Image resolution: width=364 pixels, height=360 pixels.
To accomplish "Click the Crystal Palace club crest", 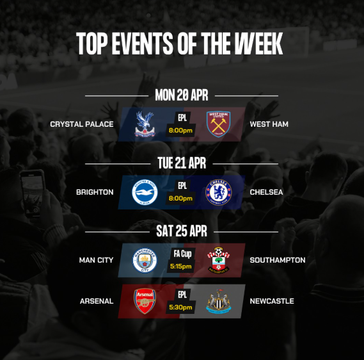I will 145,124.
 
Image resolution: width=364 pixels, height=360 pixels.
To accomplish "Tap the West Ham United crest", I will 218,124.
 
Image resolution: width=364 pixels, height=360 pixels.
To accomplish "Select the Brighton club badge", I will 145,192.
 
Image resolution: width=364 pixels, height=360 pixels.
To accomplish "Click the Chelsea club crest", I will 218,192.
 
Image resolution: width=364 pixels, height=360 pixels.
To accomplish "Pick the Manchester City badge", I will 145,260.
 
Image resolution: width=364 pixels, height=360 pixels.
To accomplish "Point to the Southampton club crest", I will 218,260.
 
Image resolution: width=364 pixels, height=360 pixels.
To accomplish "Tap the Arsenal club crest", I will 145,300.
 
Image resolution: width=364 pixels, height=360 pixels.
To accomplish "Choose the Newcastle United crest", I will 218,300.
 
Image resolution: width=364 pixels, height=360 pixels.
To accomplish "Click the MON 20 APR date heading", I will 181,95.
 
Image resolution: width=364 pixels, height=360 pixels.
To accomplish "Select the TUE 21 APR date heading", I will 181,163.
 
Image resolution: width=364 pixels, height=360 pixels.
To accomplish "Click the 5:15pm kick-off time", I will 181,266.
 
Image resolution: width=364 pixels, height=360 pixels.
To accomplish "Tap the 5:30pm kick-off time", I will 181,307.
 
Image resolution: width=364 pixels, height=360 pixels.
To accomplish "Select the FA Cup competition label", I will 181,254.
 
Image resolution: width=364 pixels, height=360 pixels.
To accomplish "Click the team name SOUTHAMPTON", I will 277,260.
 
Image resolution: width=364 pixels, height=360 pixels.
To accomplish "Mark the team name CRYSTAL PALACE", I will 82,124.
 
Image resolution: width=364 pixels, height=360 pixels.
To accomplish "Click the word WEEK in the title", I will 258,44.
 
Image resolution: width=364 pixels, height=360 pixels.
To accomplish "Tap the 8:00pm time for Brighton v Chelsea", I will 181,199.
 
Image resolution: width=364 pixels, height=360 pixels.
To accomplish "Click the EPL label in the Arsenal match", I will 182,295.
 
